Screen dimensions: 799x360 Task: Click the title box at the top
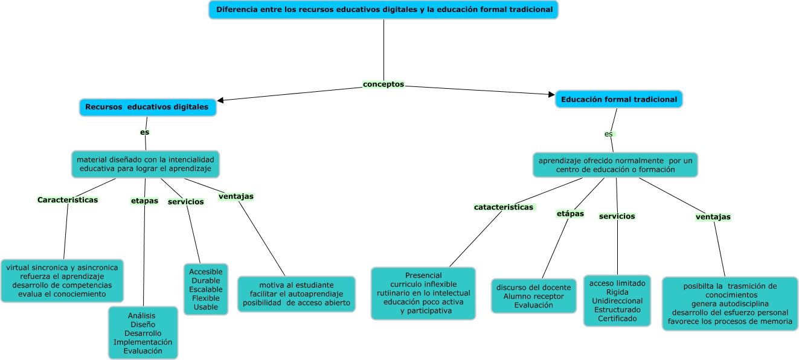(383, 10)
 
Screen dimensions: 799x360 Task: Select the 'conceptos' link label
(383, 84)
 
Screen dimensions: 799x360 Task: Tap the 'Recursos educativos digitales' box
(148, 107)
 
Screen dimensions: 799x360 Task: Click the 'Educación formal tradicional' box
(619, 99)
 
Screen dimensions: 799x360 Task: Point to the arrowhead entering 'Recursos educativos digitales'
(220, 100)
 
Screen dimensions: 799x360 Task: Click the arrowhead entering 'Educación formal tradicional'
(551, 94)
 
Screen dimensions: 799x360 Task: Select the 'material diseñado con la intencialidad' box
(146, 164)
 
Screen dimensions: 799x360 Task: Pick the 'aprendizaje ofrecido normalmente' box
(615, 165)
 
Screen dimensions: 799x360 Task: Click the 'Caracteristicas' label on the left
(68, 200)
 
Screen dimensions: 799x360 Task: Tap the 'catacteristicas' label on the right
(504, 207)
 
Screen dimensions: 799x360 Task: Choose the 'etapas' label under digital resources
(144, 201)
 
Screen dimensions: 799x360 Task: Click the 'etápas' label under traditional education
(570, 214)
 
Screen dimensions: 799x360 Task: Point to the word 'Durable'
(206, 280)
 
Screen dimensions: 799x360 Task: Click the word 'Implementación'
(143, 342)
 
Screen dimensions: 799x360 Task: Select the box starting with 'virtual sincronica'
(62, 281)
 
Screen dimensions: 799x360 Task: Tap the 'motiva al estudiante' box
(297, 294)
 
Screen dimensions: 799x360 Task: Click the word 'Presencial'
(423, 275)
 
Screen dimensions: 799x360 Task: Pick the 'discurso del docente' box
(534, 296)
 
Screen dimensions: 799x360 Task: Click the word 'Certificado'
(617, 318)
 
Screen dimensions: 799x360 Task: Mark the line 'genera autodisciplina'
(730, 304)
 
